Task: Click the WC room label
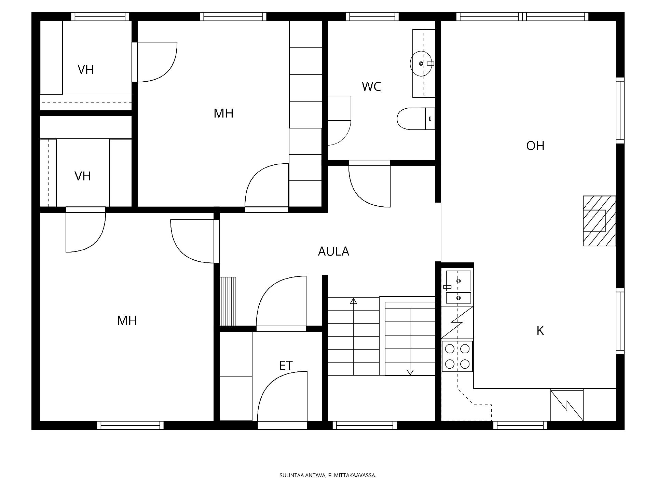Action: pos(371,86)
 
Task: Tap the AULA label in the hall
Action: pos(333,251)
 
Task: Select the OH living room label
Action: pos(535,146)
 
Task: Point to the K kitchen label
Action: pos(540,331)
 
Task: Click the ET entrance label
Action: pos(286,366)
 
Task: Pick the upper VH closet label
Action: pos(85,70)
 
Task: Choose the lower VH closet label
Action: pos(83,176)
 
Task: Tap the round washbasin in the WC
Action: pos(421,64)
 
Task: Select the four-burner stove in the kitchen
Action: pos(457,356)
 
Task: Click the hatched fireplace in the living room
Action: pos(599,221)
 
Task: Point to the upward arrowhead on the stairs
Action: pos(354,301)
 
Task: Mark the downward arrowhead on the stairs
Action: pos(410,372)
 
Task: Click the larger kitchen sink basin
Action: pos(459,281)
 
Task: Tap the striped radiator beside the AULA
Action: pos(228,301)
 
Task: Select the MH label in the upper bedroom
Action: pos(223,113)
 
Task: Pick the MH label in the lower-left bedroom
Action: pos(127,320)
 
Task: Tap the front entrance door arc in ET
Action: pos(270,384)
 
